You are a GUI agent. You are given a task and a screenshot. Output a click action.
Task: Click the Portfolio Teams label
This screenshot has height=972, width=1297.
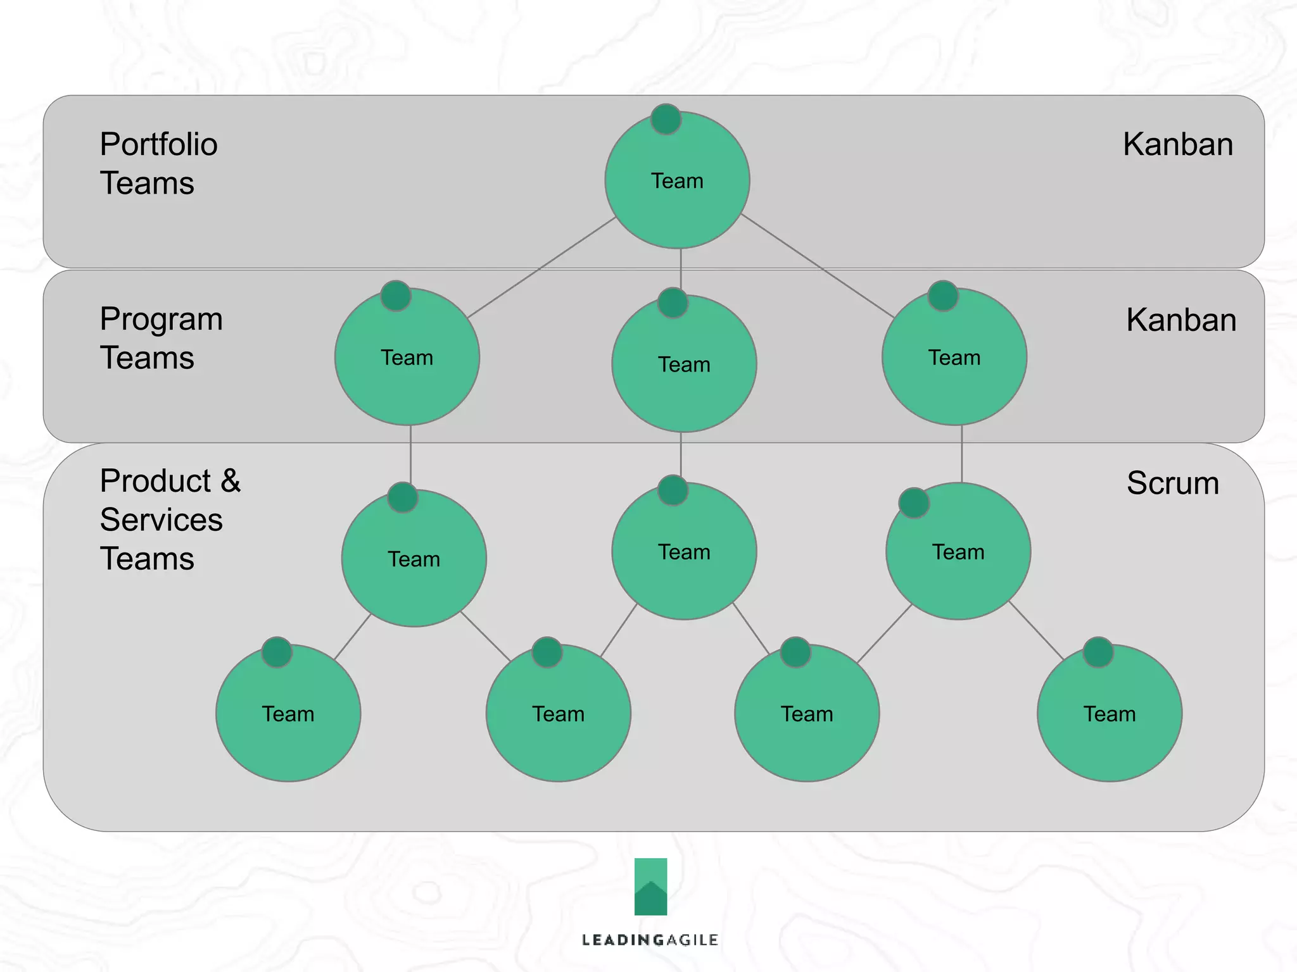coord(158,163)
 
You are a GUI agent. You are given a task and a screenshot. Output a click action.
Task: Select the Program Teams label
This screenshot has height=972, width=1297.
coord(161,338)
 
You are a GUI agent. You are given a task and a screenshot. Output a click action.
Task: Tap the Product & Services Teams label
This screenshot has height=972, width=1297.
coord(170,520)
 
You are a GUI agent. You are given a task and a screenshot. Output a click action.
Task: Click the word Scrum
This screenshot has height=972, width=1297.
coord(1172,483)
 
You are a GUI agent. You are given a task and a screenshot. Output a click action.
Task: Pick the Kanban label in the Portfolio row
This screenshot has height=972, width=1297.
coord(1177,144)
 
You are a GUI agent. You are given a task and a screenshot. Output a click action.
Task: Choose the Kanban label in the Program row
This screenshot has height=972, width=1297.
coord(1180,320)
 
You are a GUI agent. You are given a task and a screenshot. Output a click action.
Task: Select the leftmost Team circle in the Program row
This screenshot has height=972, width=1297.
coord(407,358)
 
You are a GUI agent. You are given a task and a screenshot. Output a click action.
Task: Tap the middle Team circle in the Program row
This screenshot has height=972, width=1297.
coord(683,365)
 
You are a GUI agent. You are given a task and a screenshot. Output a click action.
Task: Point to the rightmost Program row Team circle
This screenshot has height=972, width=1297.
coord(954,358)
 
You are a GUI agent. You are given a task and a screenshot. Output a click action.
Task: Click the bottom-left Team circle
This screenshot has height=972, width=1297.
coord(288,714)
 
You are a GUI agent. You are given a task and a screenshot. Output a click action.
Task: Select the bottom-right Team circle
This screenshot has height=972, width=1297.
coord(1109,714)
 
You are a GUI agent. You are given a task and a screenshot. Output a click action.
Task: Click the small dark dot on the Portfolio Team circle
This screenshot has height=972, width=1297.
coord(666,119)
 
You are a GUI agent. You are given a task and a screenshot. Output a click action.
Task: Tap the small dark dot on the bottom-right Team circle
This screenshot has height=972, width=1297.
coord(1098,652)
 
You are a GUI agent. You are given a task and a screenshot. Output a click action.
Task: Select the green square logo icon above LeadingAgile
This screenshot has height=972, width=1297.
coord(650,886)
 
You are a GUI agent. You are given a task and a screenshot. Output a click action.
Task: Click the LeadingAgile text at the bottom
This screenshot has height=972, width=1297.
coord(650,940)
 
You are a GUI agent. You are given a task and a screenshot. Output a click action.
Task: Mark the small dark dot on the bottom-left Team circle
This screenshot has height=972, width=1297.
coord(277,652)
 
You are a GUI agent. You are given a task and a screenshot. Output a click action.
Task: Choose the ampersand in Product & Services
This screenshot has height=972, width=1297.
coord(231,481)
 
